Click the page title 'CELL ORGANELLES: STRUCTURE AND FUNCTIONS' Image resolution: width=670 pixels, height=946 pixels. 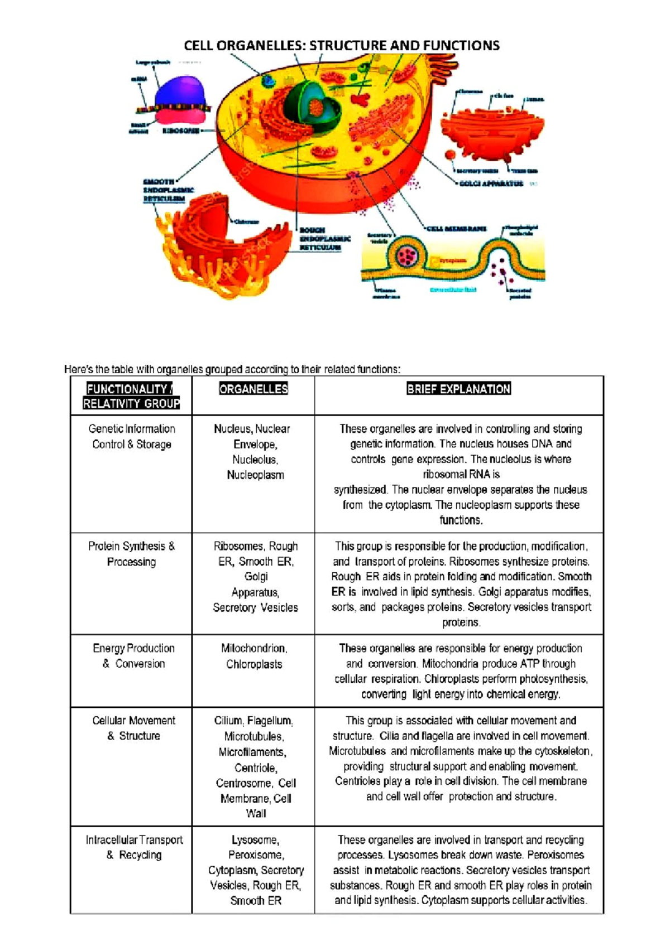342,46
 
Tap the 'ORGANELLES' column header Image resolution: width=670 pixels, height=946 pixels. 253,389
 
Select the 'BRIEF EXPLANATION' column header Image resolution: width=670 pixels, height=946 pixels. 458,389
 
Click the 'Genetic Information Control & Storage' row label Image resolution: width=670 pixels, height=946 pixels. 132,437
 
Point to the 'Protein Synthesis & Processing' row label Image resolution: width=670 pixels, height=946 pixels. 132,554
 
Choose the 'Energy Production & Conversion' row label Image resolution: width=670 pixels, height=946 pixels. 133,656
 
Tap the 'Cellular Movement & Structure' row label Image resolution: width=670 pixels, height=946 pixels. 133,728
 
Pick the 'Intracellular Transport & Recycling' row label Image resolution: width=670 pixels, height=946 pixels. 134,847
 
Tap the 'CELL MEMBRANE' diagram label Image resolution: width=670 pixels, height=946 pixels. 456,229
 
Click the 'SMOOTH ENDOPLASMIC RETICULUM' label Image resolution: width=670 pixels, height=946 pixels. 168,190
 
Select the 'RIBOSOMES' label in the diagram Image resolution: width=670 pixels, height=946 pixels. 180,131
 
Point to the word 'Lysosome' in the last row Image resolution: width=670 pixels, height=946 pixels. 255,840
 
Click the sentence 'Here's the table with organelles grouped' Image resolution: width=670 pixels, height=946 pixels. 232,369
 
